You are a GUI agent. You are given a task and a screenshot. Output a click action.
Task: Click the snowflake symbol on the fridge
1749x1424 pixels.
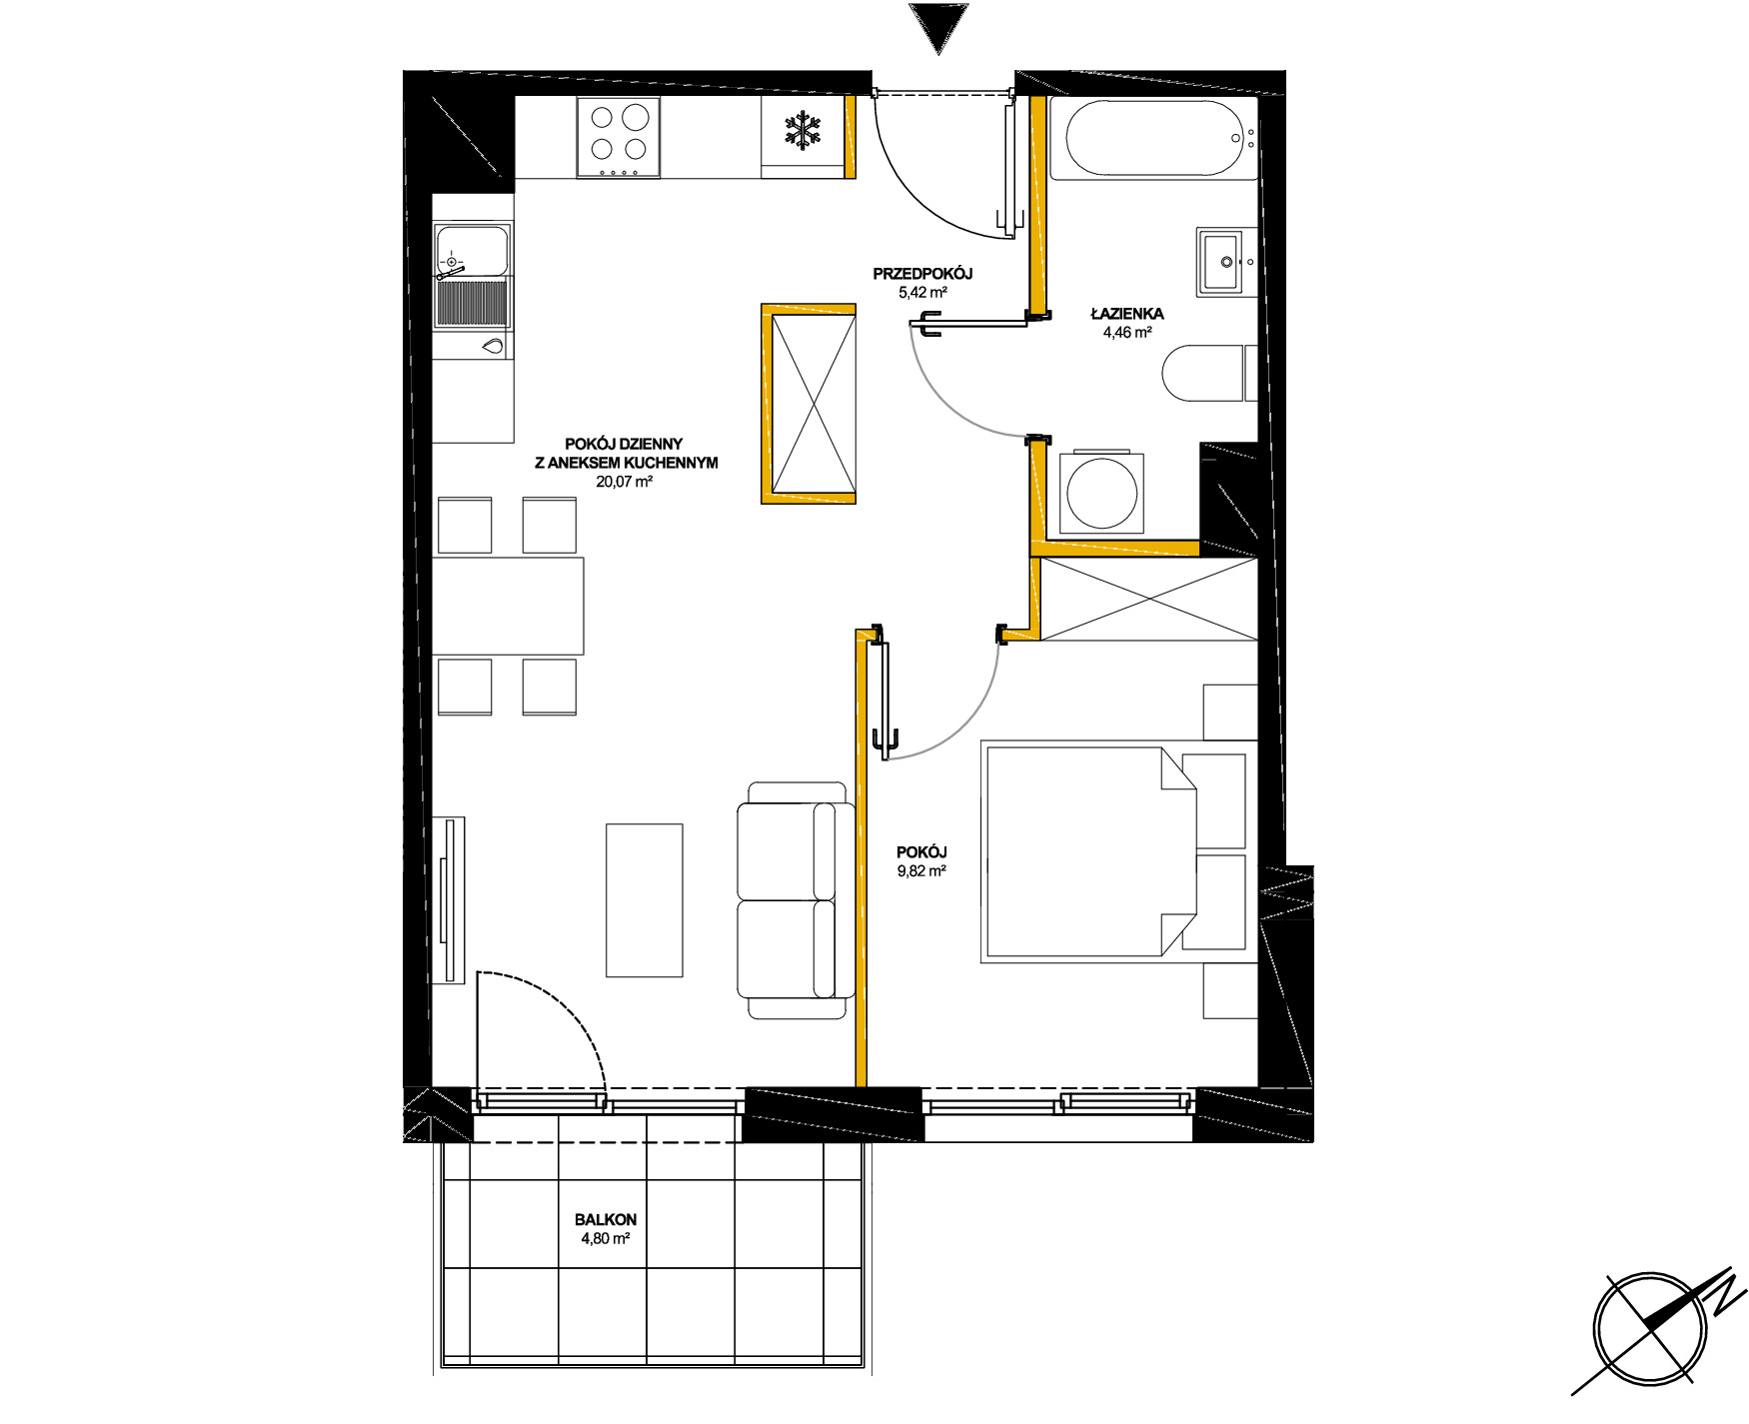point(802,132)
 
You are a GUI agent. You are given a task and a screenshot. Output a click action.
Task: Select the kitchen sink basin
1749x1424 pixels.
point(472,250)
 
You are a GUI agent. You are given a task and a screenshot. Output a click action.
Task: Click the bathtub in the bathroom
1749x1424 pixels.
point(1154,139)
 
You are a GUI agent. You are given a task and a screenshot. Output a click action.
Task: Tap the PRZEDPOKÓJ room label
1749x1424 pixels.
point(922,274)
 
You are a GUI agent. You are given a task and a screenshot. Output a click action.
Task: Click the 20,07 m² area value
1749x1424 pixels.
point(625,482)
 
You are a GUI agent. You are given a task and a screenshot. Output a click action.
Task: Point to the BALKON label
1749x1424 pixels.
point(606,1220)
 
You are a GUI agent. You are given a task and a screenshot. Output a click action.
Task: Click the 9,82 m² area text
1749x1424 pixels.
point(921,870)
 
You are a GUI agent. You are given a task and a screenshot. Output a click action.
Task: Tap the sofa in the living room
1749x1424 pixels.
point(796,900)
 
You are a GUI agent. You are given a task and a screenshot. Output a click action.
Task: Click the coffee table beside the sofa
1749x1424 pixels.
point(645,900)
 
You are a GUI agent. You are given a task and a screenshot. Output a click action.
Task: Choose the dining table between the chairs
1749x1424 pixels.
point(508,607)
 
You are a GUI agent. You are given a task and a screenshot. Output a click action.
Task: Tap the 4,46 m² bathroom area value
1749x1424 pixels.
point(1127,333)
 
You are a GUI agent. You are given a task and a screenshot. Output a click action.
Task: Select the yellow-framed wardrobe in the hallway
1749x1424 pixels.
point(809,404)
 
